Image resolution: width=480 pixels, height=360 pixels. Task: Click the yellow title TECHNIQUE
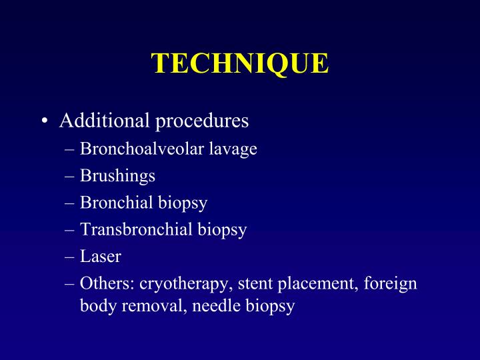(x=240, y=63)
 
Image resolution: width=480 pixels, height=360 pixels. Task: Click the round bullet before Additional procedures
(x=43, y=122)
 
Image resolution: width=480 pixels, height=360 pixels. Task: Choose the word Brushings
(x=117, y=177)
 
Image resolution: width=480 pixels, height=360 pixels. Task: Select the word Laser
(x=101, y=257)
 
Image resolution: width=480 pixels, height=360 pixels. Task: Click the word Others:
(x=107, y=283)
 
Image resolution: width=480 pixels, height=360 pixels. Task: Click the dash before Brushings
(x=71, y=177)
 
